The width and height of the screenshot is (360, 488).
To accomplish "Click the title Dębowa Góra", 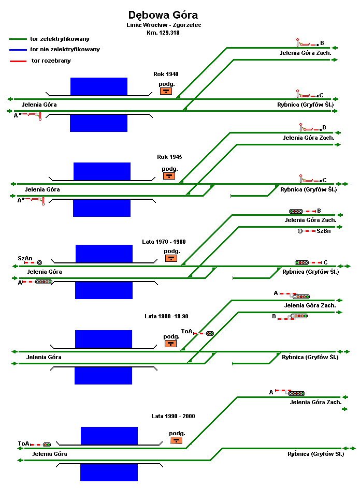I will (163, 15).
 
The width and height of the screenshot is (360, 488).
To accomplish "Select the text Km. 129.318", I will (163, 32).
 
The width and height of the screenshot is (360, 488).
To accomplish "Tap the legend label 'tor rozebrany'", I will (51, 61).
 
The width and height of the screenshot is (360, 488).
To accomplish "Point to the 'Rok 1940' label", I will (166, 74).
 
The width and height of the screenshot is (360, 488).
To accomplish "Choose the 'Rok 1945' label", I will (169, 157).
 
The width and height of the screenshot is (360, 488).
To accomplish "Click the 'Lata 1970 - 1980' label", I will (164, 242).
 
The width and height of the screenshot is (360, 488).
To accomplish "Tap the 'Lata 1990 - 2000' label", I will (173, 416).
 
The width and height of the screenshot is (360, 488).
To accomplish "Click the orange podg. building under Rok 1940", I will (166, 91).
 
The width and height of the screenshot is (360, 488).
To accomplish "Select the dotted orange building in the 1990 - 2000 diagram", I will (177, 441).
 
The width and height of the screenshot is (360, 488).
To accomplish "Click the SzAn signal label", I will (25, 258).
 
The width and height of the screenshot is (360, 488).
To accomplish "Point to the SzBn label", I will (324, 231).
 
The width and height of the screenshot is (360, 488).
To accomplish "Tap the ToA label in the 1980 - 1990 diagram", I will (186, 331).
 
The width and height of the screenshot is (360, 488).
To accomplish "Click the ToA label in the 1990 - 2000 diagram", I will (23, 443).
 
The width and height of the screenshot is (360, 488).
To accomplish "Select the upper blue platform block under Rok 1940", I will (98, 86).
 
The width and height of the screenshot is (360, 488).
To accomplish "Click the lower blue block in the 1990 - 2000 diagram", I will (109, 472).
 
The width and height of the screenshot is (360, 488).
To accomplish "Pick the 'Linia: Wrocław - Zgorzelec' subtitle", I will (163, 25).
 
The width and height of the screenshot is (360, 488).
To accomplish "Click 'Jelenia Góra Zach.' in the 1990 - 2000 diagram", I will (315, 402).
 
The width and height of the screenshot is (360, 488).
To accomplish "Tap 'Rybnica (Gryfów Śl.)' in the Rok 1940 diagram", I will (305, 105).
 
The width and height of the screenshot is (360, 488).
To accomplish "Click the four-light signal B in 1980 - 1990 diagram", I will (299, 316).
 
